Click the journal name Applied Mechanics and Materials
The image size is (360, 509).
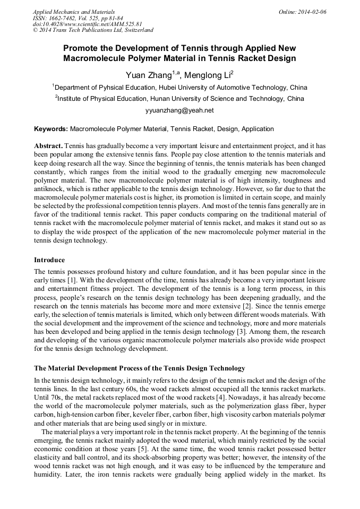(73, 11)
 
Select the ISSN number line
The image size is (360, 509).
(78, 18)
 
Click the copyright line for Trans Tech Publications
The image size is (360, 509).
(93, 30)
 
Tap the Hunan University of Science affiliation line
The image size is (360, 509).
(179, 99)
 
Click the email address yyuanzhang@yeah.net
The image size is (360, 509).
(179, 110)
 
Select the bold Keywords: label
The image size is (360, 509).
(51, 129)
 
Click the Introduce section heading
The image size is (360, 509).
(49, 260)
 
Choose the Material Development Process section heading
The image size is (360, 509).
(140, 368)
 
